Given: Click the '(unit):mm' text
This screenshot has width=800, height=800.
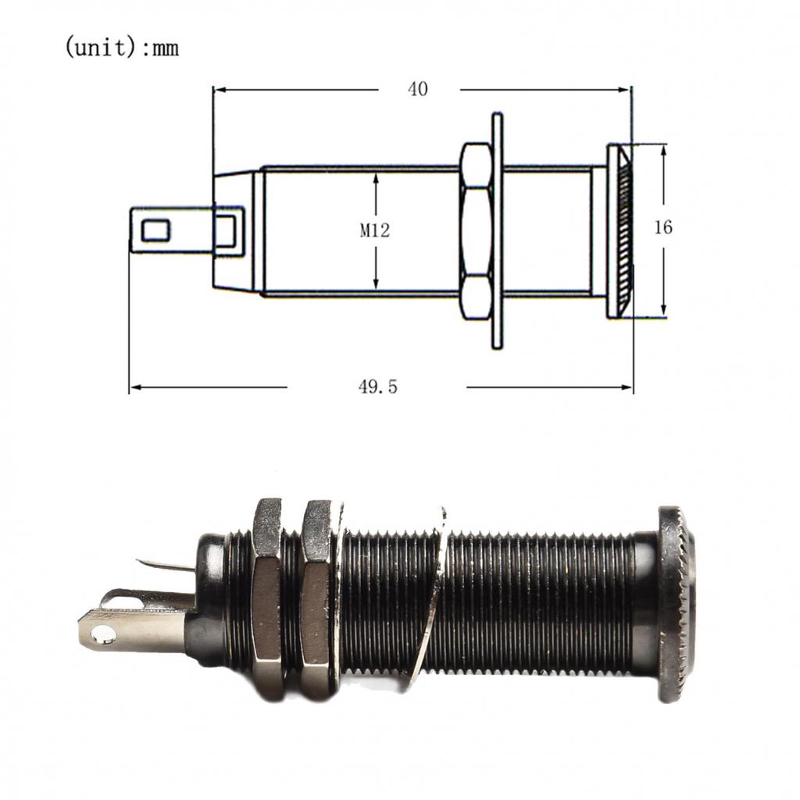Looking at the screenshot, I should (x=121, y=48).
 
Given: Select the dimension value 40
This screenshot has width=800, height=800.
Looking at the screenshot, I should (x=418, y=89).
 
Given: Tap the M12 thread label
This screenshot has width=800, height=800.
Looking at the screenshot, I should (x=375, y=230).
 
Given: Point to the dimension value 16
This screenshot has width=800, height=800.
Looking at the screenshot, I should (x=662, y=227).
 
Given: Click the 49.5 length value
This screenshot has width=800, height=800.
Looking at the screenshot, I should (x=377, y=387).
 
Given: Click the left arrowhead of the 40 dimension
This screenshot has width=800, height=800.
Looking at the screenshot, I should (x=219, y=90).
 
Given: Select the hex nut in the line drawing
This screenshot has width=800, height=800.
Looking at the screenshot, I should (x=476, y=230).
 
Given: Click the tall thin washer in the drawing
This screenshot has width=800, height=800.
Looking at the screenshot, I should (x=497, y=230).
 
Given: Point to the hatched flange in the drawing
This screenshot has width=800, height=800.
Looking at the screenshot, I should (x=621, y=230).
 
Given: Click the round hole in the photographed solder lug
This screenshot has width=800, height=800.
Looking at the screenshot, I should (x=102, y=636).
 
